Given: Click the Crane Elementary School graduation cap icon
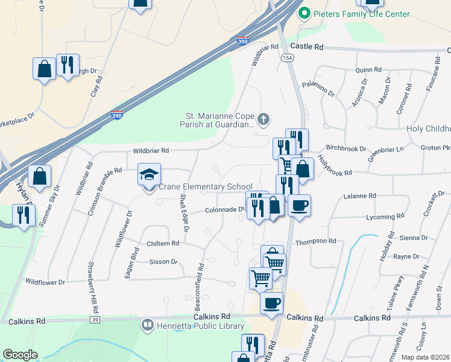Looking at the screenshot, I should [x=150, y=174].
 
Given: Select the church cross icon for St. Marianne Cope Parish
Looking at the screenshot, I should [x=263, y=119].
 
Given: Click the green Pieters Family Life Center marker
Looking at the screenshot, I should [x=305, y=14].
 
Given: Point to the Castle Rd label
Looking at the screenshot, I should [x=307, y=46].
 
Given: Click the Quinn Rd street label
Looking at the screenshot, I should [x=369, y=70].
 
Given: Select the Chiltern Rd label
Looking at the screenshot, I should [x=163, y=244].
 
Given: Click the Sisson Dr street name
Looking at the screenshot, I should [x=163, y=262].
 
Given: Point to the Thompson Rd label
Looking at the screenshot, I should [x=315, y=241].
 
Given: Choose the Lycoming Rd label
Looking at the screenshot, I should [x=385, y=216].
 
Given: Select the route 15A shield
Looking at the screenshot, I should [x=287, y=57].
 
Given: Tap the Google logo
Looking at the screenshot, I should [x=20, y=355].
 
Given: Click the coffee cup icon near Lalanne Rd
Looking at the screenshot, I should [x=299, y=205].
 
